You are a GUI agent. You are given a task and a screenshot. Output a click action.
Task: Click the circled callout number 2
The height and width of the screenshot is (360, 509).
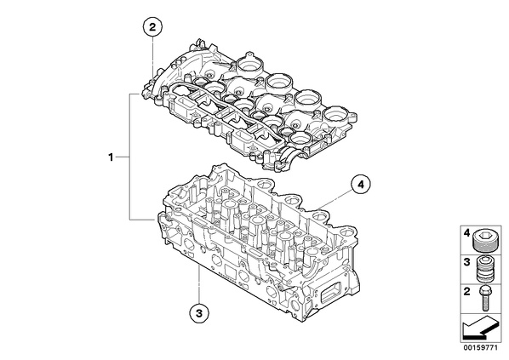click(152, 27)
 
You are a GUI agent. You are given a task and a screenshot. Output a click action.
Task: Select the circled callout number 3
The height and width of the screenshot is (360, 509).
click(199, 313)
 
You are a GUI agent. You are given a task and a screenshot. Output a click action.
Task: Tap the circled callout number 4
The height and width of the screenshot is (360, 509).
click(360, 185)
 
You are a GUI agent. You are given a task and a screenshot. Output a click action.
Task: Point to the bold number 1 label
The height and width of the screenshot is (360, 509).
click(111, 157)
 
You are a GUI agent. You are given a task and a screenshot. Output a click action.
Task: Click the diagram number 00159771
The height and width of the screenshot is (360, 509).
click(480, 348)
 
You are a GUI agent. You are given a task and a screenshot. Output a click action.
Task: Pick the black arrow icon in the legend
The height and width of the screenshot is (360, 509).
click(479, 329)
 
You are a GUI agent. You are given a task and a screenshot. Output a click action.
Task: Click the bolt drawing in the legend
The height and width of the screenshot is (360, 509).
click(485, 299)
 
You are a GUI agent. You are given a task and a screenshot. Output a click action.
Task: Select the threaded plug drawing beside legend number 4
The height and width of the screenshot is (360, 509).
click(483, 241)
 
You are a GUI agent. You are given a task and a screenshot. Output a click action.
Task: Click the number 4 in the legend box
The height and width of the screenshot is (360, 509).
click(466, 232)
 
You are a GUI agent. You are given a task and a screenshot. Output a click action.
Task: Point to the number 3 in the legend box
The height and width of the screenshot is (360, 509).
click(466, 262)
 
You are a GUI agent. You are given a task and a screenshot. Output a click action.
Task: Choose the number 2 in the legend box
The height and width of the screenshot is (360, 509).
click(466, 291)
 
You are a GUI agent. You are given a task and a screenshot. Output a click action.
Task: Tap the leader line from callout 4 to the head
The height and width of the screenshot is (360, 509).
click(335, 199)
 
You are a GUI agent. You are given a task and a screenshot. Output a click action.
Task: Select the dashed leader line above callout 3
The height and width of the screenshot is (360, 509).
click(199, 284)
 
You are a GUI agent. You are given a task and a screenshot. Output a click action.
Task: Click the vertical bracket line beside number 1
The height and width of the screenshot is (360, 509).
click(130, 157)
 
